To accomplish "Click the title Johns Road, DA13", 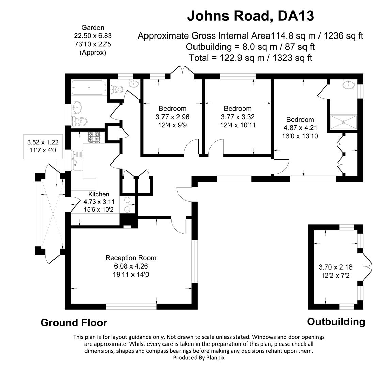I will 250,16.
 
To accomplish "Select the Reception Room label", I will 131,258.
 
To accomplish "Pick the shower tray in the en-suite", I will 344,120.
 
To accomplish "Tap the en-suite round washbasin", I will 349,84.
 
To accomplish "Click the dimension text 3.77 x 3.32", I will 238,117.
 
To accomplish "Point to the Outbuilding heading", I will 336,321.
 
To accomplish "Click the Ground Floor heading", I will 74,322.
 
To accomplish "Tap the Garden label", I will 93,28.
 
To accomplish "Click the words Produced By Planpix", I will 199,357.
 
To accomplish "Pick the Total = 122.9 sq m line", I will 250,58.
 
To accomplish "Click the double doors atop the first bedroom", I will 183,70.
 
